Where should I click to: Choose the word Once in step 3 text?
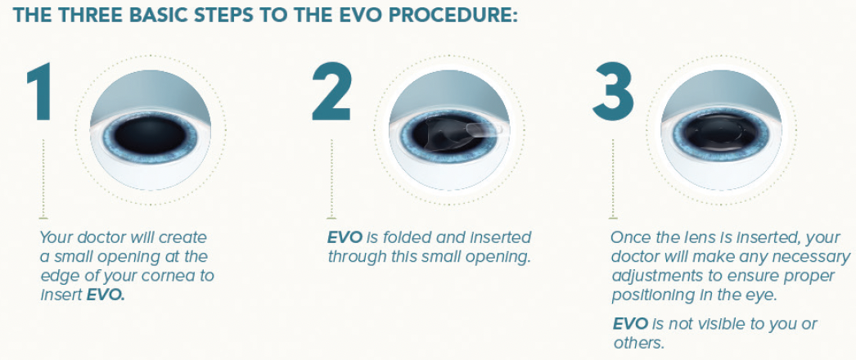point(631,238)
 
